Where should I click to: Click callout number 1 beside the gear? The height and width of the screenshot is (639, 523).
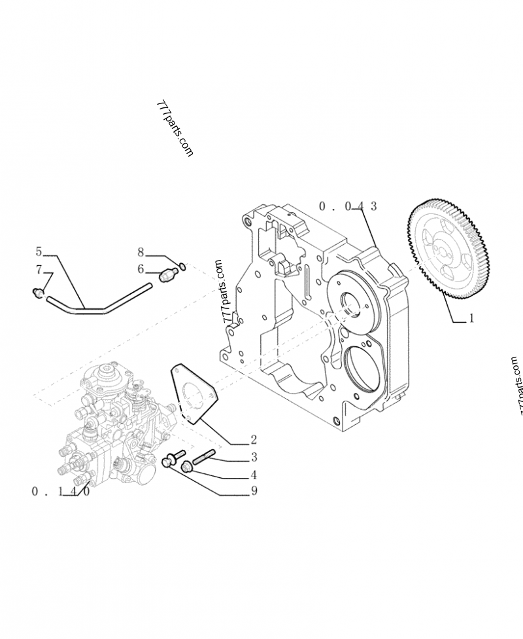tap(471, 319)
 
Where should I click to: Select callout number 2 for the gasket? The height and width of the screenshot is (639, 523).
tap(253, 439)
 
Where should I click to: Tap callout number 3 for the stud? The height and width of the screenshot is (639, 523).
tap(253, 458)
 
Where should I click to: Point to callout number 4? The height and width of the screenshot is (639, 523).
tap(253, 475)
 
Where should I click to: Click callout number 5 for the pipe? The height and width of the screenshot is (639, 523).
tap(39, 251)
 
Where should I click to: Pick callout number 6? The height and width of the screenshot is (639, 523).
tap(141, 268)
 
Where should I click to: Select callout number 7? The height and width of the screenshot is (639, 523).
tap(39, 269)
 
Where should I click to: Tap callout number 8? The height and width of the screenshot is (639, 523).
tap(141, 251)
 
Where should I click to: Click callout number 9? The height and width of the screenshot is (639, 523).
tap(253, 492)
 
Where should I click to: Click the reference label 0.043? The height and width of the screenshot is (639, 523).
tap(348, 206)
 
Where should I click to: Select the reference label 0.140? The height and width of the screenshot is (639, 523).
tap(60, 492)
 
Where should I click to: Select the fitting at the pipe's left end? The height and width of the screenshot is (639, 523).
tap(39, 292)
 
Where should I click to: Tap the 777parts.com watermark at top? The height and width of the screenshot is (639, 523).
tap(175, 128)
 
